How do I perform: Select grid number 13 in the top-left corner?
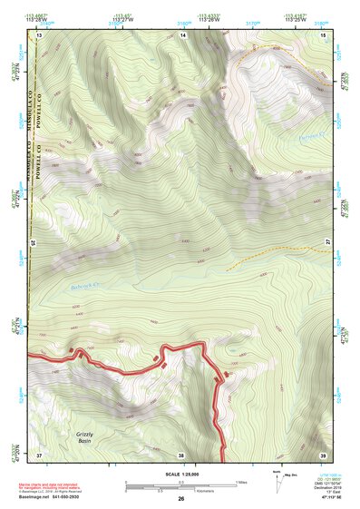(x=40, y=34)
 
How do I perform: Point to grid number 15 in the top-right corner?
(x=324, y=34)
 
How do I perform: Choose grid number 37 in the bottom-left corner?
(x=40, y=454)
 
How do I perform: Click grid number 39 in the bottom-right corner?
(x=323, y=454)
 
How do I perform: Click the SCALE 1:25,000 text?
(x=180, y=473)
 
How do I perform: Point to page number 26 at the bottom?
(x=180, y=499)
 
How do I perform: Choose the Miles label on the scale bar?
(x=241, y=481)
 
